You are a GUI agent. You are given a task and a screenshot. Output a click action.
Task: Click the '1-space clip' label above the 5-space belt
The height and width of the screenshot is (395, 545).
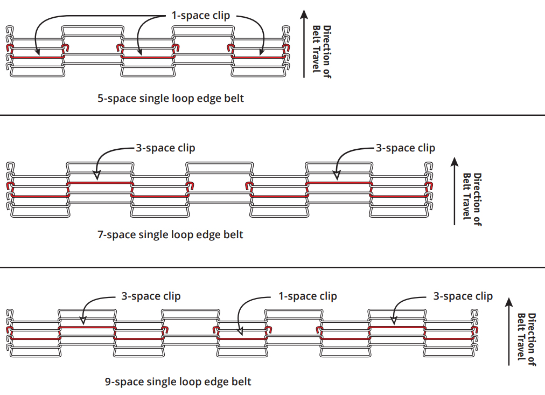tap(200, 16)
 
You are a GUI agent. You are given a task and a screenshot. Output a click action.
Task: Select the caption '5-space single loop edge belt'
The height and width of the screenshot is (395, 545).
tap(171, 98)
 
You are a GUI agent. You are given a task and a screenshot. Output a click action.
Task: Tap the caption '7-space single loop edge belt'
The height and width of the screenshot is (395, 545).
tap(170, 235)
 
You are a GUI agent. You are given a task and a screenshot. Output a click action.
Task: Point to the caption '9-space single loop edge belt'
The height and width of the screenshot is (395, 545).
tap(178, 382)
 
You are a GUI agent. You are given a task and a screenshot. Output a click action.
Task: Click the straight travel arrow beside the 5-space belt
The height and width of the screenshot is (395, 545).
tap(304, 44)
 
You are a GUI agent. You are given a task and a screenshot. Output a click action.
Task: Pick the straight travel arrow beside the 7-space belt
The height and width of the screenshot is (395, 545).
tap(455, 191)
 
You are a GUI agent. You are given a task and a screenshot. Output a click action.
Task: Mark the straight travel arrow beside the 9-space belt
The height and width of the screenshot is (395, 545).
tap(509, 331)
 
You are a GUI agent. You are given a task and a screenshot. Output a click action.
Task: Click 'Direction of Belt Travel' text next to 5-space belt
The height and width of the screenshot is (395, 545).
tap(322, 52)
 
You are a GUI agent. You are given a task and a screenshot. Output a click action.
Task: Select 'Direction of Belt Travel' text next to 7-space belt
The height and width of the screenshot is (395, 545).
tap(472, 199)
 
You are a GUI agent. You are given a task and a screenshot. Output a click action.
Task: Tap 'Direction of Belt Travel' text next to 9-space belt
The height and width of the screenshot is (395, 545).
tap(527, 339)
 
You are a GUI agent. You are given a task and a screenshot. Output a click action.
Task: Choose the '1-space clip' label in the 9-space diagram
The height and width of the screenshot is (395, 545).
tap(308, 296)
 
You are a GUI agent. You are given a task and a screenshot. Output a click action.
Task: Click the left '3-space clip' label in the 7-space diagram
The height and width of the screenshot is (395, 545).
tap(165, 148)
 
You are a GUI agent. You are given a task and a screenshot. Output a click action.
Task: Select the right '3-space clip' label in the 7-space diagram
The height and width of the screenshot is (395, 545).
tap(406, 148)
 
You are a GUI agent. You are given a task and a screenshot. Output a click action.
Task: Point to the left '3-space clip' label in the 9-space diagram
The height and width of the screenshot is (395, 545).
tap(151, 296)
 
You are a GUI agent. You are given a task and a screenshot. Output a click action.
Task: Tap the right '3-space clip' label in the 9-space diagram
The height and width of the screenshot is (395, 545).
tap(463, 296)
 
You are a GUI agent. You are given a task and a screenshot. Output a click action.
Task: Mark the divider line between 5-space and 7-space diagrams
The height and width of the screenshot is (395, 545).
tap(272, 115)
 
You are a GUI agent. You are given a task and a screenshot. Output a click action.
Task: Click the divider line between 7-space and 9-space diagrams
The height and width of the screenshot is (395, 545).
tap(272, 267)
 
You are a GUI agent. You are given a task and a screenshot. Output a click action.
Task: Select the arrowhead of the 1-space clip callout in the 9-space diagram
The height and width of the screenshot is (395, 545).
tap(240, 331)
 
